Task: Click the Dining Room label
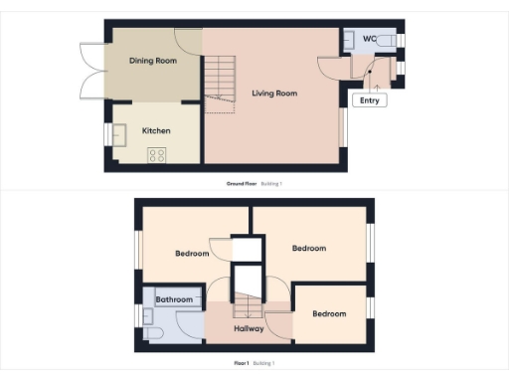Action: tap(153, 61)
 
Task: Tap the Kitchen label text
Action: tap(156, 130)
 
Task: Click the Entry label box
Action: tap(370, 99)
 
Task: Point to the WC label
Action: tap(369, 39)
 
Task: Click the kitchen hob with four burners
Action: tap(157, 154)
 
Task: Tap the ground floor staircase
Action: tap(221, 80)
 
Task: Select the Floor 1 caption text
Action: tap(239, 363)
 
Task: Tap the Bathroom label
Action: tap(173, 298)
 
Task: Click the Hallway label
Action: tap(249, 328)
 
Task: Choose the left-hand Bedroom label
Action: tap(192, 254)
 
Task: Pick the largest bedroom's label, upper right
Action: tap(308, 248)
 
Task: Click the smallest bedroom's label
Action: tap(329, 313)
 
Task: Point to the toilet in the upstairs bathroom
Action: tap(152, 331)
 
